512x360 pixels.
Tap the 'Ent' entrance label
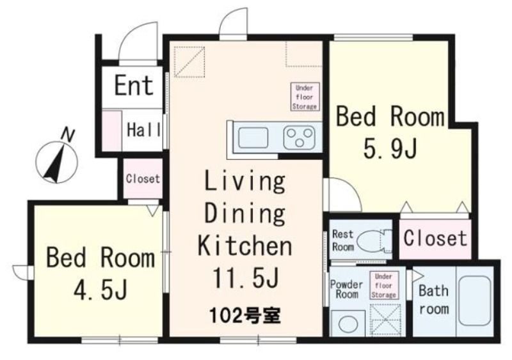tap(134, 86)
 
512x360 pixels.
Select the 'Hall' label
tap(143, 130)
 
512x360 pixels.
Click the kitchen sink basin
tap(253, 137)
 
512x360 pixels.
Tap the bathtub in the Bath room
tap(475, 301)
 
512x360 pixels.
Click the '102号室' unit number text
tap(244, 316)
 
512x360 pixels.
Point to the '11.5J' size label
tap(246, 278)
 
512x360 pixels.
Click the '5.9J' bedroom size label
tap(390, 150)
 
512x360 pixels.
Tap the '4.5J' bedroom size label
tap(100, 291)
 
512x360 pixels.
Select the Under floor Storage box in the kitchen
tap(305, 97)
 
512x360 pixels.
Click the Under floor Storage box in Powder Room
tap(383, 285)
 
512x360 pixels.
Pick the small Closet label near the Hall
tap(143, 179)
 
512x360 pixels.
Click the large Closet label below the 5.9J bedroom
tap(435, 238)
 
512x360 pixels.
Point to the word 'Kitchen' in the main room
tap(245, 246)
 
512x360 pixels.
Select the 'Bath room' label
tap(434, 300)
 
